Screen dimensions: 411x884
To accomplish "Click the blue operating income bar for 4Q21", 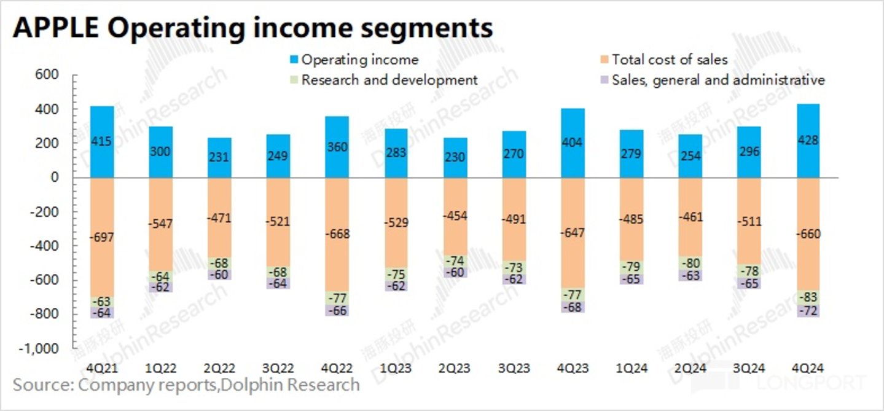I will point(102,142).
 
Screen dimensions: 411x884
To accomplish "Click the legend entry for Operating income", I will point(359,60).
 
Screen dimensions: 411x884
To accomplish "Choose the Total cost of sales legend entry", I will point(669,60).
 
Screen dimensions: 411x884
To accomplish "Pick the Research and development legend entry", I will point(389,80).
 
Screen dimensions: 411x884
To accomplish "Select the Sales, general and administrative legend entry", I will point(718,80).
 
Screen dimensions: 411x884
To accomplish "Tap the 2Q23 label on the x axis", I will point(455,368).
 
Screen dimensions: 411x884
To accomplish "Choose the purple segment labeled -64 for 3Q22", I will point(279,283).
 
